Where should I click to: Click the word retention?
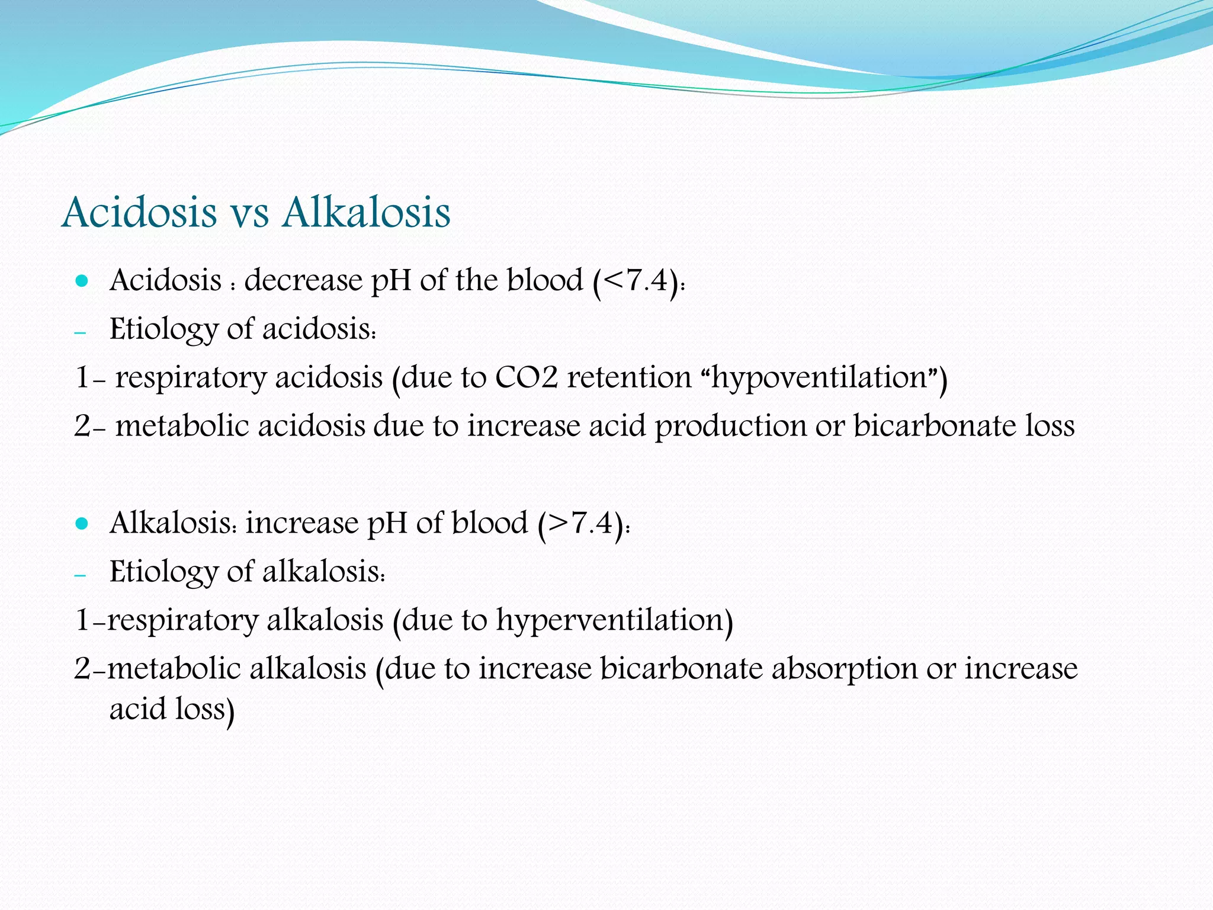(x=629, y=377)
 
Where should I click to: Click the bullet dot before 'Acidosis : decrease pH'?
(x=82, y=281)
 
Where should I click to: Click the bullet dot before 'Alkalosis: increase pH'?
(x=82, y=524)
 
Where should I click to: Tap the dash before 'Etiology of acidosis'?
(x=80, y=333)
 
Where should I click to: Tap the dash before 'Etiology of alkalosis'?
(x=80, y=576)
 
